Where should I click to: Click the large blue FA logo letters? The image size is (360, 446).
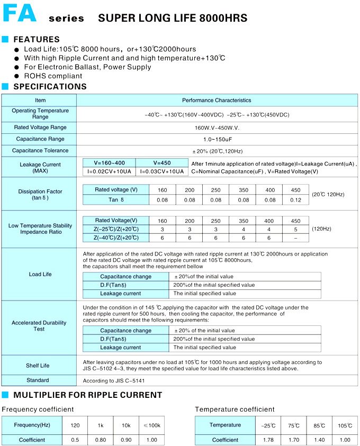20,14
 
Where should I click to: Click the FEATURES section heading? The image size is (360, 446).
37,39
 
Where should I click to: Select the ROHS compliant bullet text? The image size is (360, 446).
53,76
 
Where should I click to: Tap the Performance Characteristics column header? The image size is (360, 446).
217,100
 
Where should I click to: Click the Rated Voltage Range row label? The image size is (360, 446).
40,128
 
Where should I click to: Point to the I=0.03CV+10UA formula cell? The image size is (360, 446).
162,171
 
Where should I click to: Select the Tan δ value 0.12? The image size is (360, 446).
295,200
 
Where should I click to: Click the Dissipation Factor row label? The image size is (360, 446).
40,194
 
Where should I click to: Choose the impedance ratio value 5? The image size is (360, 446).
295,230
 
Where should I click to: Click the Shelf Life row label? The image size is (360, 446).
38,366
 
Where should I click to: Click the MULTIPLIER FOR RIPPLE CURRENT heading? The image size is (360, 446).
87,395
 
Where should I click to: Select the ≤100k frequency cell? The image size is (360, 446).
151,425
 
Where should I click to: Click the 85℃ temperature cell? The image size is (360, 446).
319,425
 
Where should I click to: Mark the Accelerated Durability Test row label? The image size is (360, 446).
39,326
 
